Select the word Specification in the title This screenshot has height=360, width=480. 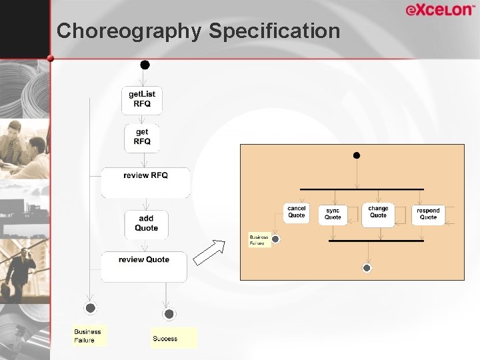coord(275,31)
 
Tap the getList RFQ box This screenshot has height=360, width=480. coord(142,99)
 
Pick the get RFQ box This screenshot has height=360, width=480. coord(142,137)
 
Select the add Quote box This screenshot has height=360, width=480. coord(146,224)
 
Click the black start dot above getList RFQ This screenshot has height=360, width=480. coord(145,65)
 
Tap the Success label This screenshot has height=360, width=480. coord(165,338)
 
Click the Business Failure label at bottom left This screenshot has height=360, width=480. coord(88,336)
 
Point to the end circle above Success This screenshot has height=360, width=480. coord(169,314)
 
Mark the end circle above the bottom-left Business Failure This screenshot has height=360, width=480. coord(91,308)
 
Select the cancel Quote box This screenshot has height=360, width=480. coord(297,213)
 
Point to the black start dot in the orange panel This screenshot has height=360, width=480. coord(357,155)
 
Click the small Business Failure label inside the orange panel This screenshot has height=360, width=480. coord(259,240)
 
